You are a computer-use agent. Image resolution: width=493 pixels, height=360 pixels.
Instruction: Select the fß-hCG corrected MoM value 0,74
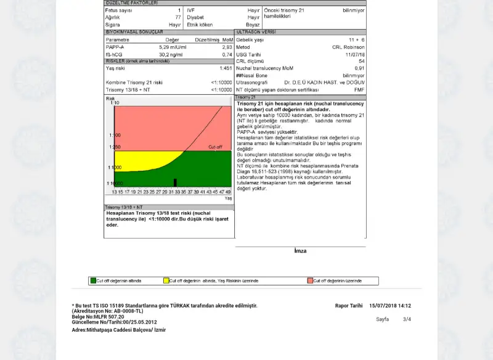click(227, 54)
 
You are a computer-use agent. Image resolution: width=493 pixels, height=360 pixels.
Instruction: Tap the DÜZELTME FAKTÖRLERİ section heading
click(132, 3)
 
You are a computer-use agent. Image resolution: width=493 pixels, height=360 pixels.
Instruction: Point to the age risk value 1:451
click(226, 68)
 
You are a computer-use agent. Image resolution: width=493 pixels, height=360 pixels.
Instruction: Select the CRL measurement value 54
click(362, 61)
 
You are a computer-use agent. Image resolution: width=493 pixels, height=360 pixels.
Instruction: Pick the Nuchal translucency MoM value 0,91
click(359, 68)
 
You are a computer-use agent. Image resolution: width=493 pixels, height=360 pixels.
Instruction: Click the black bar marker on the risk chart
click(175, 182)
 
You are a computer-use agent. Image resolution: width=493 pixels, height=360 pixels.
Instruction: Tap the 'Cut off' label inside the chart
click(215, 147)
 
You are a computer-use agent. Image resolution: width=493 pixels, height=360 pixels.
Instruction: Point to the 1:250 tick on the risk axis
click(115, 147)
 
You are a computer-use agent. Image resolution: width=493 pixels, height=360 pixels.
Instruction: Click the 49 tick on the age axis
click(228, 192)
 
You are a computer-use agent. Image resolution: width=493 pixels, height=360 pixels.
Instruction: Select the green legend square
click(93, 280)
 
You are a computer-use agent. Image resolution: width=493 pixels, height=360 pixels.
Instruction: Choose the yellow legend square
click(166, 280)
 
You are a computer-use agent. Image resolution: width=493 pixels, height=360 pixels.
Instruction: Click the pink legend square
click(310, 280)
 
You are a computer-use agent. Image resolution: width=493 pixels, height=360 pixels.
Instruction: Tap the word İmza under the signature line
click(300, 252)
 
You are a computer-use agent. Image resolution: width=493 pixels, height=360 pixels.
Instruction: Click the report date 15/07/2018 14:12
click(390, 306)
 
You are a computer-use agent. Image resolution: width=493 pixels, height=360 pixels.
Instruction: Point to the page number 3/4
click(407, 319)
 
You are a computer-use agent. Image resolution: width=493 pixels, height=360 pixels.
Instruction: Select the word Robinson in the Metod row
click(354, 47)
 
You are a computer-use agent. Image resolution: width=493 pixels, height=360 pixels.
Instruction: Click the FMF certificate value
click(359, 89)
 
